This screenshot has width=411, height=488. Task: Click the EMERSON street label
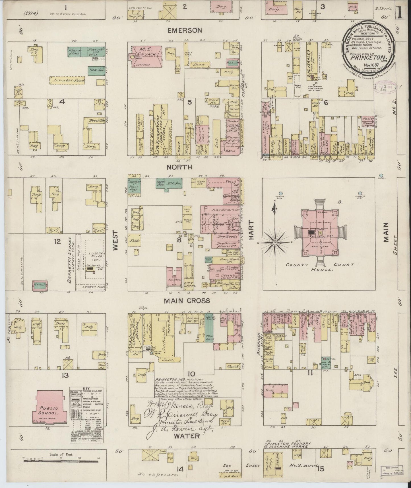185,30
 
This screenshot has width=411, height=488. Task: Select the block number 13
65,375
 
